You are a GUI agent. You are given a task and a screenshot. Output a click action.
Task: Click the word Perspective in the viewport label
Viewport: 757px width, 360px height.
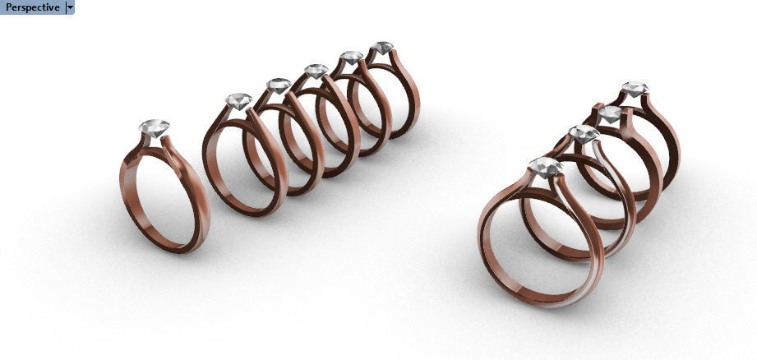click(32, 7)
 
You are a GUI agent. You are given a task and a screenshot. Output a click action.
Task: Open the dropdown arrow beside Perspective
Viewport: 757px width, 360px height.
click(69, 7)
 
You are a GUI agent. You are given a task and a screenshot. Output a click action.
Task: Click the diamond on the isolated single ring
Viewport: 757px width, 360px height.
click(154, 127)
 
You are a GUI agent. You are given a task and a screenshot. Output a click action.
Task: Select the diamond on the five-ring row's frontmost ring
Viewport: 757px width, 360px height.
click(238, 101)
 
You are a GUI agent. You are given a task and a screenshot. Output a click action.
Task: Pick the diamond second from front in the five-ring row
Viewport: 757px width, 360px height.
click(279, 85)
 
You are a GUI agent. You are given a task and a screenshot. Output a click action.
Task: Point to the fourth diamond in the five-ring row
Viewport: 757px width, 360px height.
click(351, 58)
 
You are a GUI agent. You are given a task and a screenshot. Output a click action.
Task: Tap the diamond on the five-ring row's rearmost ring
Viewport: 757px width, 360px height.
click(381, 48)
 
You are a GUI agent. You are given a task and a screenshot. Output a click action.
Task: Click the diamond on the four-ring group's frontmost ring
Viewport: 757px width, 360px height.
click(546, 168)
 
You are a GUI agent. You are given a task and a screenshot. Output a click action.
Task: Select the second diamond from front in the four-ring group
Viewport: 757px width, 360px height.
click(584, 135)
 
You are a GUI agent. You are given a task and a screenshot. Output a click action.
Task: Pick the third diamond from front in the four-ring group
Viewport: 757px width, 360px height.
click(610, 114)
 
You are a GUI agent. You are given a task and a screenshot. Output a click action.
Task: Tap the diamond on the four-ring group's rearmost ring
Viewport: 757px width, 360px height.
click(633, 89)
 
